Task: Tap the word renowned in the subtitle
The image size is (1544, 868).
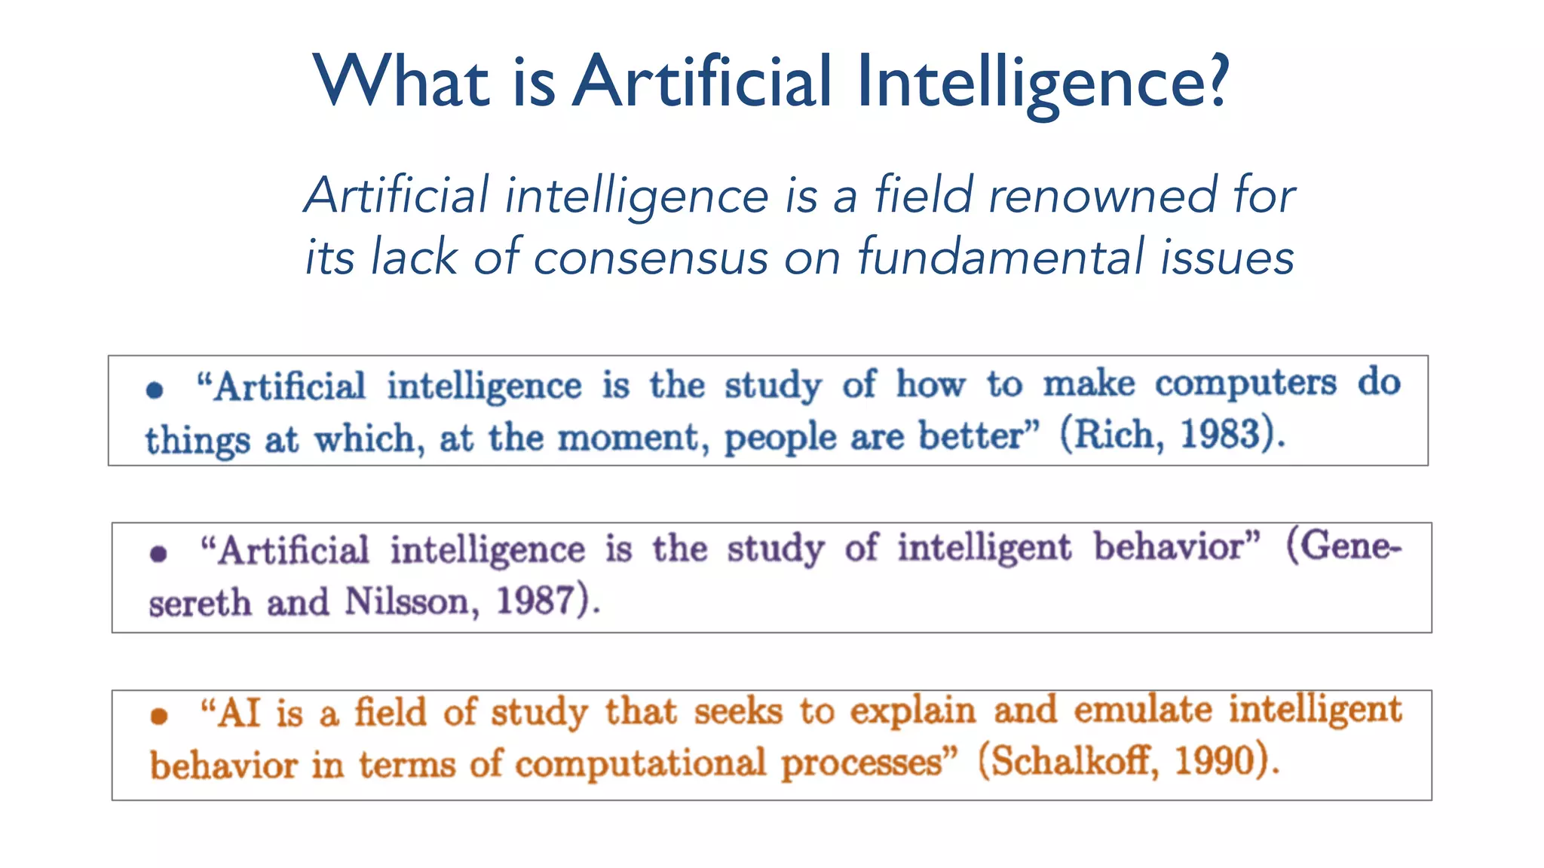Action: (x=1102, y=196)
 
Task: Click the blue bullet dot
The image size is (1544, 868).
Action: (x=155, y=390)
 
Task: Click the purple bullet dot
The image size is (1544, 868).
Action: (x=158, y=555)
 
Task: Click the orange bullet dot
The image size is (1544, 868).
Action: (x=158, y=715)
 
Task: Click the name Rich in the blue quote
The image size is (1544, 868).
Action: (x=1115, y=435)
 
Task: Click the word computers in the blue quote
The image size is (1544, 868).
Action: (x=1245, y=384)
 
